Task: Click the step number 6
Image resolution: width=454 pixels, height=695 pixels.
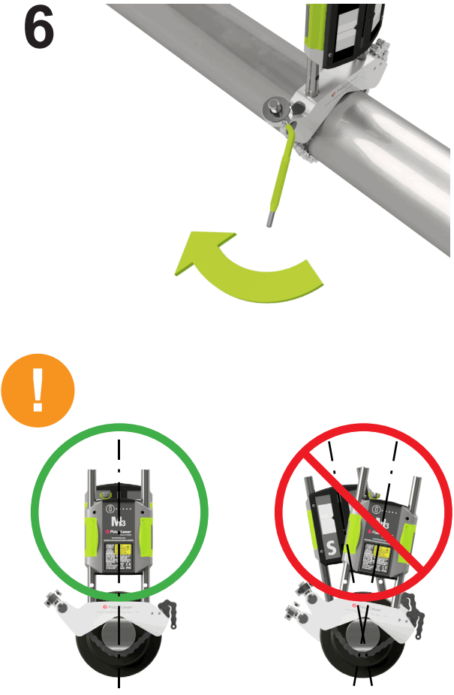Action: point(39,30)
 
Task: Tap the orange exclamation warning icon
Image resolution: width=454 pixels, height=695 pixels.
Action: point(38,391)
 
